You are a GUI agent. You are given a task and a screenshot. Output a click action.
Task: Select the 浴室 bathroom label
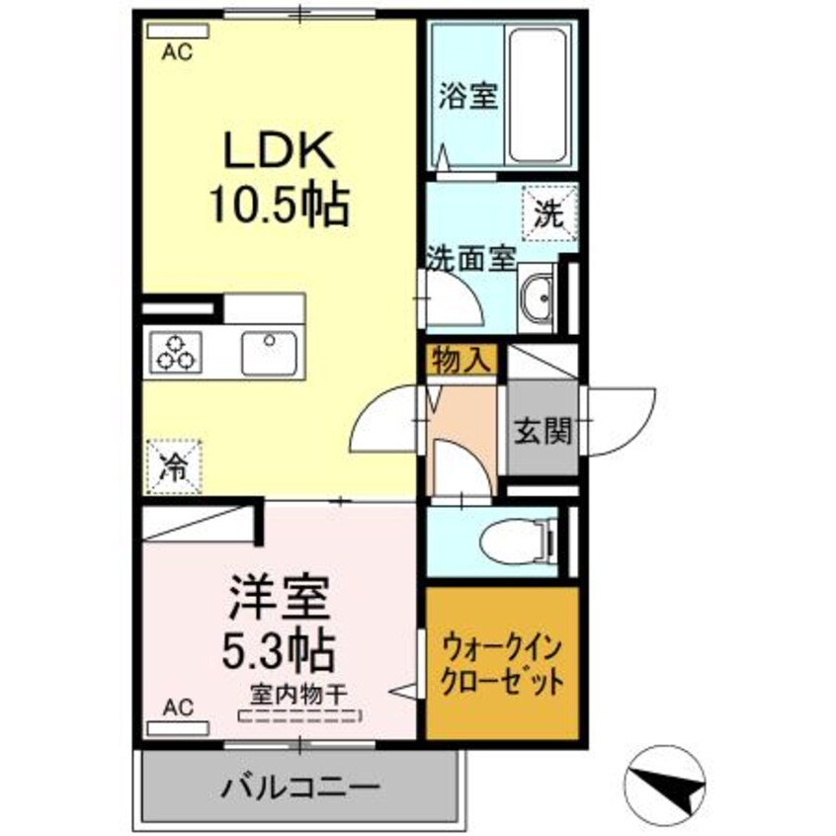click(467, 97)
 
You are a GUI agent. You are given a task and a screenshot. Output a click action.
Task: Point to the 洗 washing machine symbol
click(546, 209)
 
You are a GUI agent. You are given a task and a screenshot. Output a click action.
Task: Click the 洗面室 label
click(471, 260)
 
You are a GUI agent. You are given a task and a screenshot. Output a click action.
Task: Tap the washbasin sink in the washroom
click(538, 296)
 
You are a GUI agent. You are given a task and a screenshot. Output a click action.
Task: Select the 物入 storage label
click(460, 360)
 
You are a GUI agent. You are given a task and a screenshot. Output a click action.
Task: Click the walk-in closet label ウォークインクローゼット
click(502, 665)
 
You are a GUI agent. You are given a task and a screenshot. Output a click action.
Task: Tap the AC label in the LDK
click(175, 53)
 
